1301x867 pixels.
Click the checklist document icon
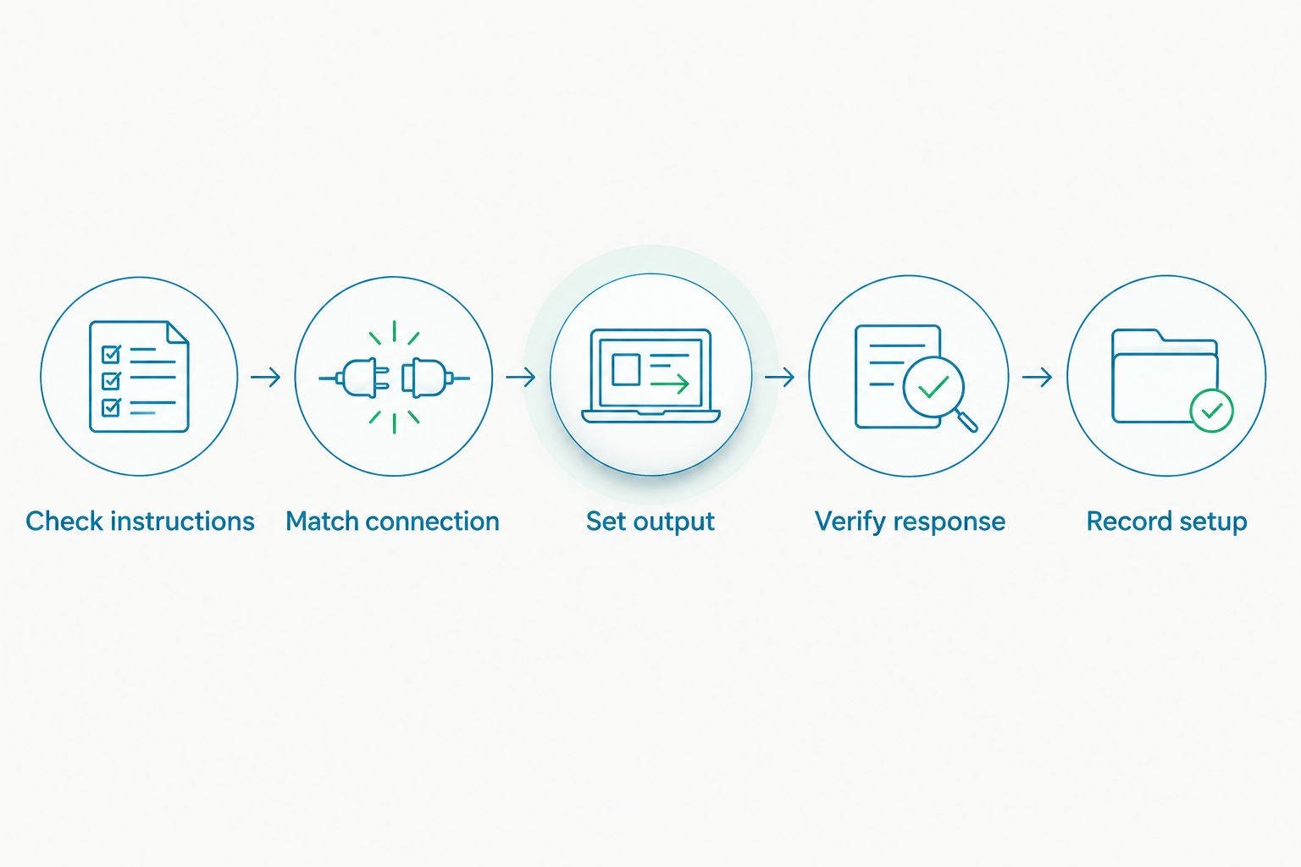(139, 376)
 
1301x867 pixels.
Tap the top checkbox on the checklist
(111, 354)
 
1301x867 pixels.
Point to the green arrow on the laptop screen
(670, 384)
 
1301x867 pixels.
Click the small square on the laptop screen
(626, 369)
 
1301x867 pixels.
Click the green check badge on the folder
(1211, 411)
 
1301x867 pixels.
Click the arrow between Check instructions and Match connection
(266, 377)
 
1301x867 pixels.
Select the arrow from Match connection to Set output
(521, 377)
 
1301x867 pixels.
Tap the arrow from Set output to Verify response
(779, 377)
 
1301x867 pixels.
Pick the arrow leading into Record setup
(1038, 377)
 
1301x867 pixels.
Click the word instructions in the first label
(182, 521)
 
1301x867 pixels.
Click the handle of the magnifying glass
(967, 422)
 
